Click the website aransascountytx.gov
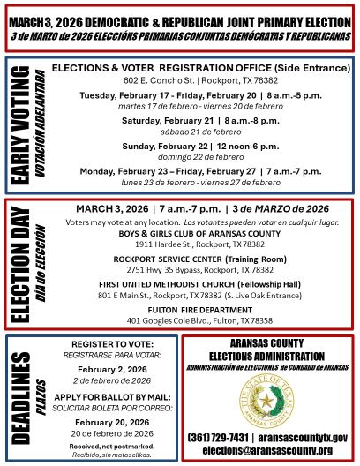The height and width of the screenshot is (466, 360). click(304, 438)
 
